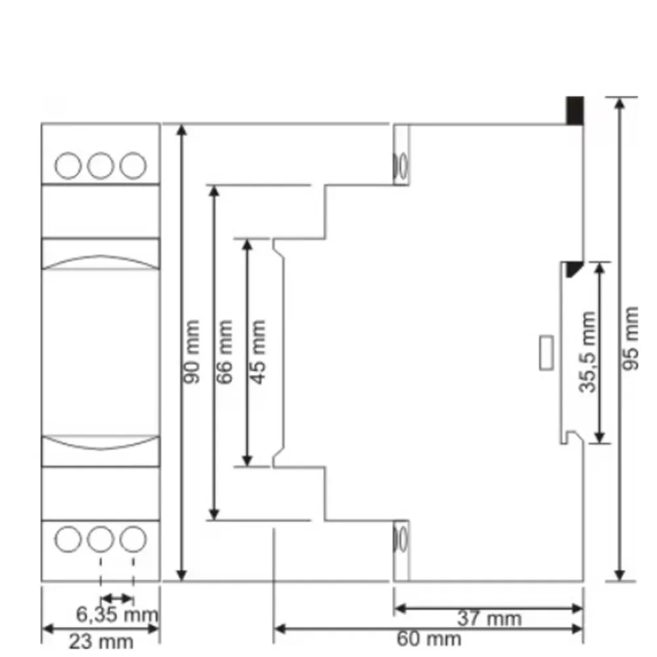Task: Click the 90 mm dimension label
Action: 192,352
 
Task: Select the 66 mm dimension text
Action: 224,352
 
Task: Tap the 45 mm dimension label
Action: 258,352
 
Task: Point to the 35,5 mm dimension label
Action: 587,352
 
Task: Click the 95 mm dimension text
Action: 630,338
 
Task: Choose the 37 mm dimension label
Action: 489,618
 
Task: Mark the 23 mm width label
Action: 101,641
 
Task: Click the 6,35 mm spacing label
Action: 117,615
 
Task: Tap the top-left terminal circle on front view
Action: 68,165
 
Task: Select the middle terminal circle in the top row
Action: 100,165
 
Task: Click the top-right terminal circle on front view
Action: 133,165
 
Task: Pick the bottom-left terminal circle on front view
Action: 68,539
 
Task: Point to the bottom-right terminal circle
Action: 133,539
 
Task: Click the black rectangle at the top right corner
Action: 575,111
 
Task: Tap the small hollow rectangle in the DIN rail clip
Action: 546,352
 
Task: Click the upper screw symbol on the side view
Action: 400,165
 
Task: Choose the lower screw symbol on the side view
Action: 400,540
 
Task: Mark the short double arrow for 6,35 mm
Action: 117,599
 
